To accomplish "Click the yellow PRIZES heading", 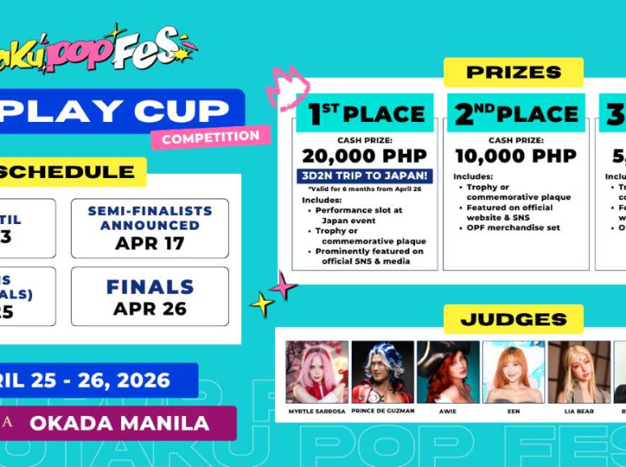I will (x=513, y=72).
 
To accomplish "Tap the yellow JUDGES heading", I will (x=513, y=319).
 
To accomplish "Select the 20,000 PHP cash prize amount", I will (x=364, y=156).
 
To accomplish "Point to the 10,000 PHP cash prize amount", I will (x=514, y=156).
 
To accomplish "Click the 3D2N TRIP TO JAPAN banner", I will (x=364, y=175).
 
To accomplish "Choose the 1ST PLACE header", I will (x=366, y=114).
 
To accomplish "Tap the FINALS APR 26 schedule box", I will (x=150, y=297).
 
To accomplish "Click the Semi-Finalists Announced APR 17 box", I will (x=150, y=228).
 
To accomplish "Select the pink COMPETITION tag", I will (x=210, y=138).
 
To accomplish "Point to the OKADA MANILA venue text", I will (x=119, y=423).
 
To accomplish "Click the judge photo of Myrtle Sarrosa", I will (x=317, y=371).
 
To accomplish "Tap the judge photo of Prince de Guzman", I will (x=382, y=371).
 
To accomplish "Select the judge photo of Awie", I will (x=447, y=371).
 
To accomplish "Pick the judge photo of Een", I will (x=513, y=371).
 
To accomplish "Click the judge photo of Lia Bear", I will (x=578, y=371).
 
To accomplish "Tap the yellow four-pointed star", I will (x=261, y=305).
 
